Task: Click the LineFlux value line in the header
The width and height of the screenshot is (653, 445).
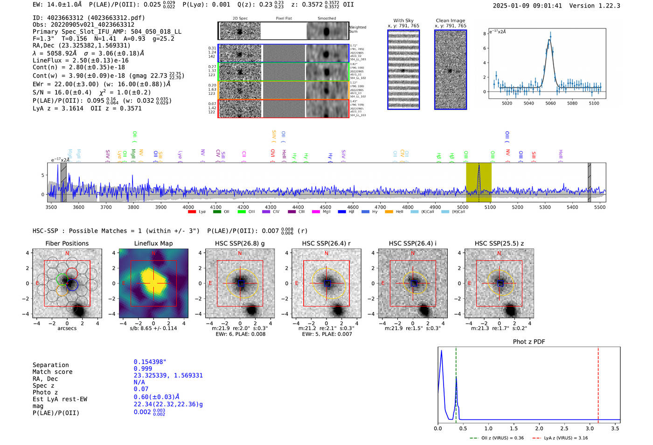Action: tap(80, 60)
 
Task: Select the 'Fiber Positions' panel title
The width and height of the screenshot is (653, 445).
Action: tap(67, 243)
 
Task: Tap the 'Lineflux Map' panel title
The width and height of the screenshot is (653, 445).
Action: tap(153, 243)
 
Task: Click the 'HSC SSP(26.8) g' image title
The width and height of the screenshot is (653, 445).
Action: tap(240, 243)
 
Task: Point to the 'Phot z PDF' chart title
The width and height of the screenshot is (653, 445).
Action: tap(529, 342)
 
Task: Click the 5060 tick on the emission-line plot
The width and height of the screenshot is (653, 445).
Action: tap(550, 103)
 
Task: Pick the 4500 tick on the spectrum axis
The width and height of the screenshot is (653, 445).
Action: tap(326, 207)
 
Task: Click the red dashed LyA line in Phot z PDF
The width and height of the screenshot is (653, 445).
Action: tap(598, 383)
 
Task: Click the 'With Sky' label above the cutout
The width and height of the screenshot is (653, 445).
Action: tap(403, 21)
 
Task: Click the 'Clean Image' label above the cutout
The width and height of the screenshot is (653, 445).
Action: tap(450, 21)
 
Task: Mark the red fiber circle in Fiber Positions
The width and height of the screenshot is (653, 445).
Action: tap(72, 273)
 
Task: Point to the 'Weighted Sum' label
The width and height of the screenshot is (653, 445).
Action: tap(358, 29)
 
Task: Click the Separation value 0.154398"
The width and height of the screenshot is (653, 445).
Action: tap(150, 362)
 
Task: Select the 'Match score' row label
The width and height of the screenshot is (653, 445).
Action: tap(52, 372)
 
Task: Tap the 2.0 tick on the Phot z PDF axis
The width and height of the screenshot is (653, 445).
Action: tap(539, 428)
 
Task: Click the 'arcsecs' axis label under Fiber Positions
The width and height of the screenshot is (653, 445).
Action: tap(67, 328)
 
